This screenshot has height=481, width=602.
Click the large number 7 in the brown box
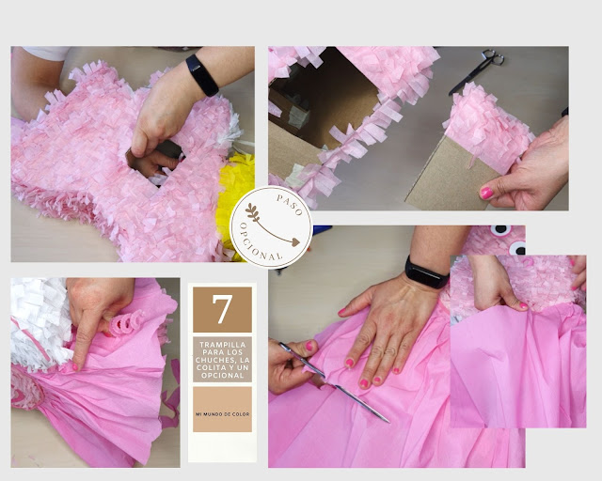tap(222, 309)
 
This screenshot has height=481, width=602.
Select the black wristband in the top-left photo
tap(201, 74)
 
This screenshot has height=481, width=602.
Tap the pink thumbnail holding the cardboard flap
tap(486, 192)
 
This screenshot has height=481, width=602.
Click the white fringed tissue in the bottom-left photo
tap(38, 319)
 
